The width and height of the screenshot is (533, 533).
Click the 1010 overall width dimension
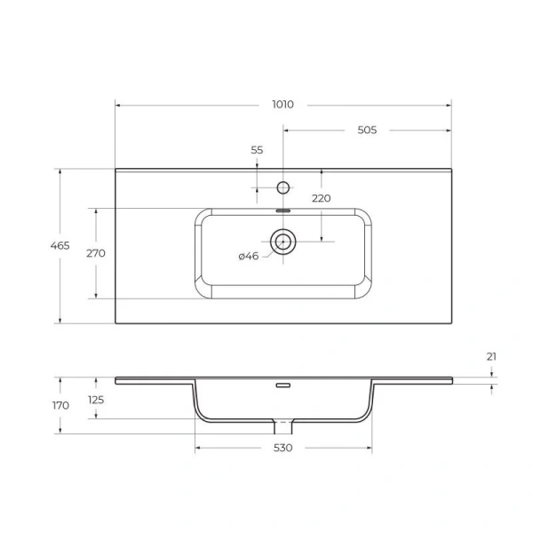tap(282, 105)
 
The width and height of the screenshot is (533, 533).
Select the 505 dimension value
tap(367, 130)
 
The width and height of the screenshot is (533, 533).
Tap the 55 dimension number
tap(257, 150)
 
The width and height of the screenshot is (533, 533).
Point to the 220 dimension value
tap(321, 198)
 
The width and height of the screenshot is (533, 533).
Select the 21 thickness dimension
tap(491, 356)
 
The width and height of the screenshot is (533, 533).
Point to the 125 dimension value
tap(95, 400)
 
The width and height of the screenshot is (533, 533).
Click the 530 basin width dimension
tap(282, 448)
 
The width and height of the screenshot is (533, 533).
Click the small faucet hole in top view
tap(283, 187)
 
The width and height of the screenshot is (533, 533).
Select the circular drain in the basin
tap(283, 241)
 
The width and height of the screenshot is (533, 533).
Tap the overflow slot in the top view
tap(283, 211)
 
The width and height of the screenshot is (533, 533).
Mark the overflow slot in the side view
tap(283, 386)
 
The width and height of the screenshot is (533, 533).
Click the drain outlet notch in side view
tap(283, 421)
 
